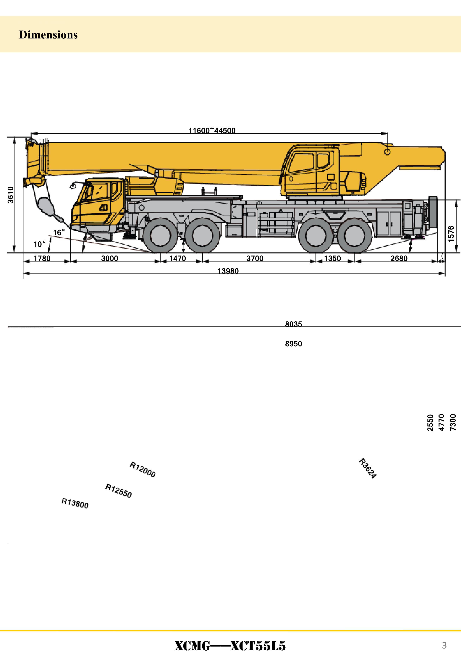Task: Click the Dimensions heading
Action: click(x=48, y=35)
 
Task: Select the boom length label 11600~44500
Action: click(x=212, y=131)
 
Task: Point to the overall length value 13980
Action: click(x=228, y=271)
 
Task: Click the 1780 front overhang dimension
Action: click(x=42, y=258)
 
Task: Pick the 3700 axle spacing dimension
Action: click(x=255, y=258)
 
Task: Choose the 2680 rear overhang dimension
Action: click(x=399, y=258)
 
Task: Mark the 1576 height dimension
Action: click(x=451, y=234)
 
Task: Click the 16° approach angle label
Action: click(x=59, y=232)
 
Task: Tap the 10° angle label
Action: click(x=40, y=244)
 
